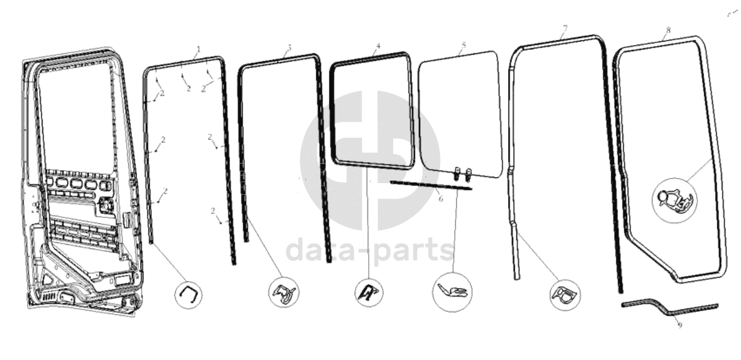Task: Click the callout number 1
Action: point(198,49)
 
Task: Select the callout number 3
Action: point(289,47)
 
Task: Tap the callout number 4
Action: point(378,46)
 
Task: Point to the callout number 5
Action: point(463,45)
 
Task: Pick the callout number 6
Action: point(440,198)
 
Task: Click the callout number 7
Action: point(564,29)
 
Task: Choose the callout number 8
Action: point(668,30)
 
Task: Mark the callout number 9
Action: point(679,325)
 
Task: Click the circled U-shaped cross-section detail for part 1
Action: point(188,294)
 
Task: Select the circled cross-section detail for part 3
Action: point(283,292)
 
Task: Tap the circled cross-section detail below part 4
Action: point(369,292)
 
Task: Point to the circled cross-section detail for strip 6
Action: point(452,292)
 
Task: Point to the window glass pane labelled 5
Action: point(459,111)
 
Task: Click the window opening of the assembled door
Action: point(77,116)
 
